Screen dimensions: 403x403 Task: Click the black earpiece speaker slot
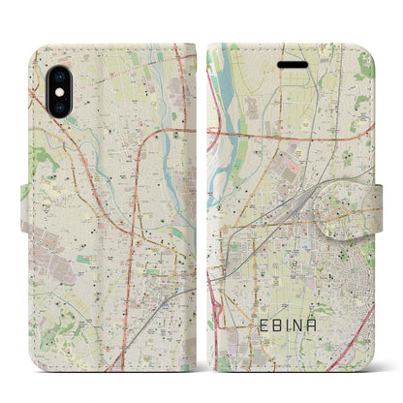[294, 65]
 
